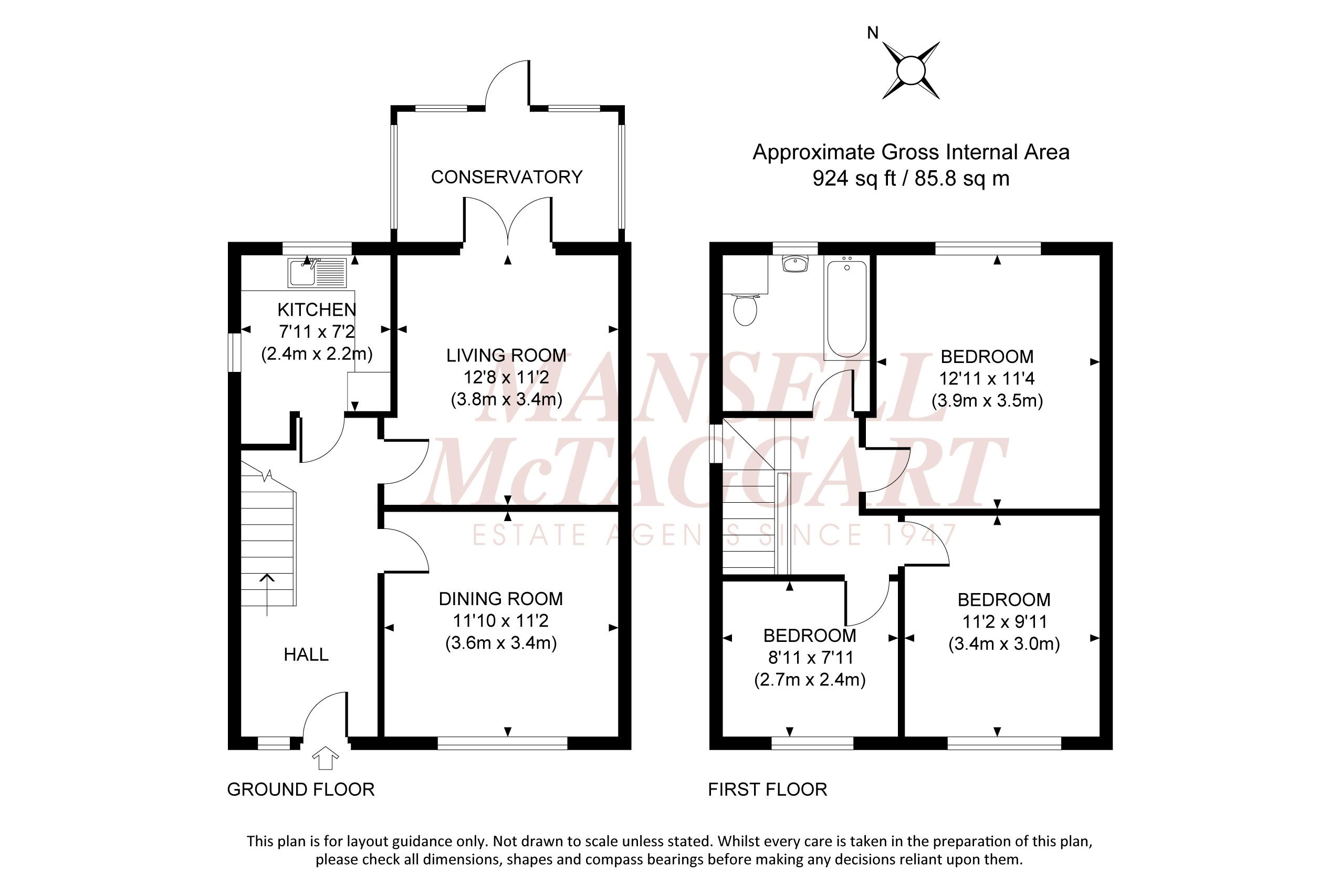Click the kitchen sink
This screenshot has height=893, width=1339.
[x=317, y=273]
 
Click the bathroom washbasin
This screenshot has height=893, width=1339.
[x=796, y=264]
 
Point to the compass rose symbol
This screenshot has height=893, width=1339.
[x=911, y=70]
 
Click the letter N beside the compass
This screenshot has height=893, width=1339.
[x=873, y=33]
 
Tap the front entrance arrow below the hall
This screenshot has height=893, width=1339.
[x=326, y=758]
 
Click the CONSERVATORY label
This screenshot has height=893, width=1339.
[x=507, y=177]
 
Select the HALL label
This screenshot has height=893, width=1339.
[x=306, y=655]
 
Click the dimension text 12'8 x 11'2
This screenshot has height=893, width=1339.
[x=506, y=377]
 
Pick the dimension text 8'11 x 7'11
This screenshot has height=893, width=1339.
[x=811, y=658]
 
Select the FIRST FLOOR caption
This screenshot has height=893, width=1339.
[x=767, y=790]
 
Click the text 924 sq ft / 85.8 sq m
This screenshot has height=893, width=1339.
[x=911, y=179]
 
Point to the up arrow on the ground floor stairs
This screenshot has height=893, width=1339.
[x=267, y=595]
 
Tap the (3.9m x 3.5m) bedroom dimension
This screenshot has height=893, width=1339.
[x=987, y=401]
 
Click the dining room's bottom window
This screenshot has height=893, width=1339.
[x=503, y=743]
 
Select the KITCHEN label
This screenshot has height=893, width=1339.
[x=317, y=310]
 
